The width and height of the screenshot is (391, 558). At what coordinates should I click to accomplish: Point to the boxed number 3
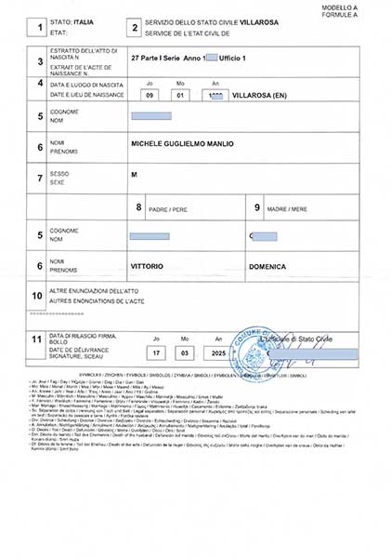(39, 61)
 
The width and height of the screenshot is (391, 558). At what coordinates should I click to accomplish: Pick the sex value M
(135, 175)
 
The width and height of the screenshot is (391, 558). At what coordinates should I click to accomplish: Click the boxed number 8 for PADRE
(139, 206)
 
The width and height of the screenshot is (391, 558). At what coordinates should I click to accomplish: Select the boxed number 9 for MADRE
(257, 206)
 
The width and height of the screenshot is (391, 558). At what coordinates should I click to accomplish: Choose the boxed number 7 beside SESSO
(39, 177)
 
